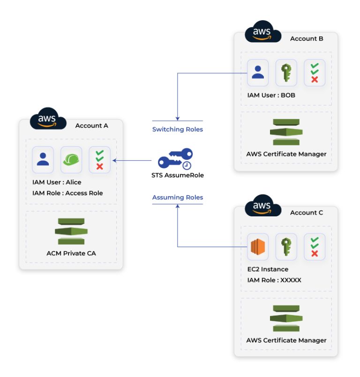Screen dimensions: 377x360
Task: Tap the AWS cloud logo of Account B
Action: click(x=263, y=33)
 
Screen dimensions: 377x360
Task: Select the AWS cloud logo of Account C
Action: click(x=263, y=207)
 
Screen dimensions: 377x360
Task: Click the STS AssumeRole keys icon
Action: click(x=175, y=159)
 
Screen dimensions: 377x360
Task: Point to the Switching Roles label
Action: click(x=178, y=129)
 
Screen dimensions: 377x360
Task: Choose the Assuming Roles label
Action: click(x=178, y=198)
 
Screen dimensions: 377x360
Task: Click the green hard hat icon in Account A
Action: click(x=71, y=160)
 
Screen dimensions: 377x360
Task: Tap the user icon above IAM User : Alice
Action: click(x=43, y=160)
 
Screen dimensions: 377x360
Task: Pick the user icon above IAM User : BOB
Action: click(x=258, y=73)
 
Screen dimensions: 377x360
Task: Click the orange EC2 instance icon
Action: click(x=258, y=247)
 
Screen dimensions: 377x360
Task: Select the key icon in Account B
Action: click(x=286, y=73)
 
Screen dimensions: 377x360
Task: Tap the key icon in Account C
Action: click(x=286, y=247)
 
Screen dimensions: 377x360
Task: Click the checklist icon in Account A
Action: click(x=99, y=160)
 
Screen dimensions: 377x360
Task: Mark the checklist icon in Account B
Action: click(x=315, y=73)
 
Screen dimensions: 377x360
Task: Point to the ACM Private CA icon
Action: click(x=70, y=231)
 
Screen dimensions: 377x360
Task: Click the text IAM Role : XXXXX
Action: click(x=274, y=280)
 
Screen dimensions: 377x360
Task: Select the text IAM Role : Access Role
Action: click(x=67, y=193)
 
